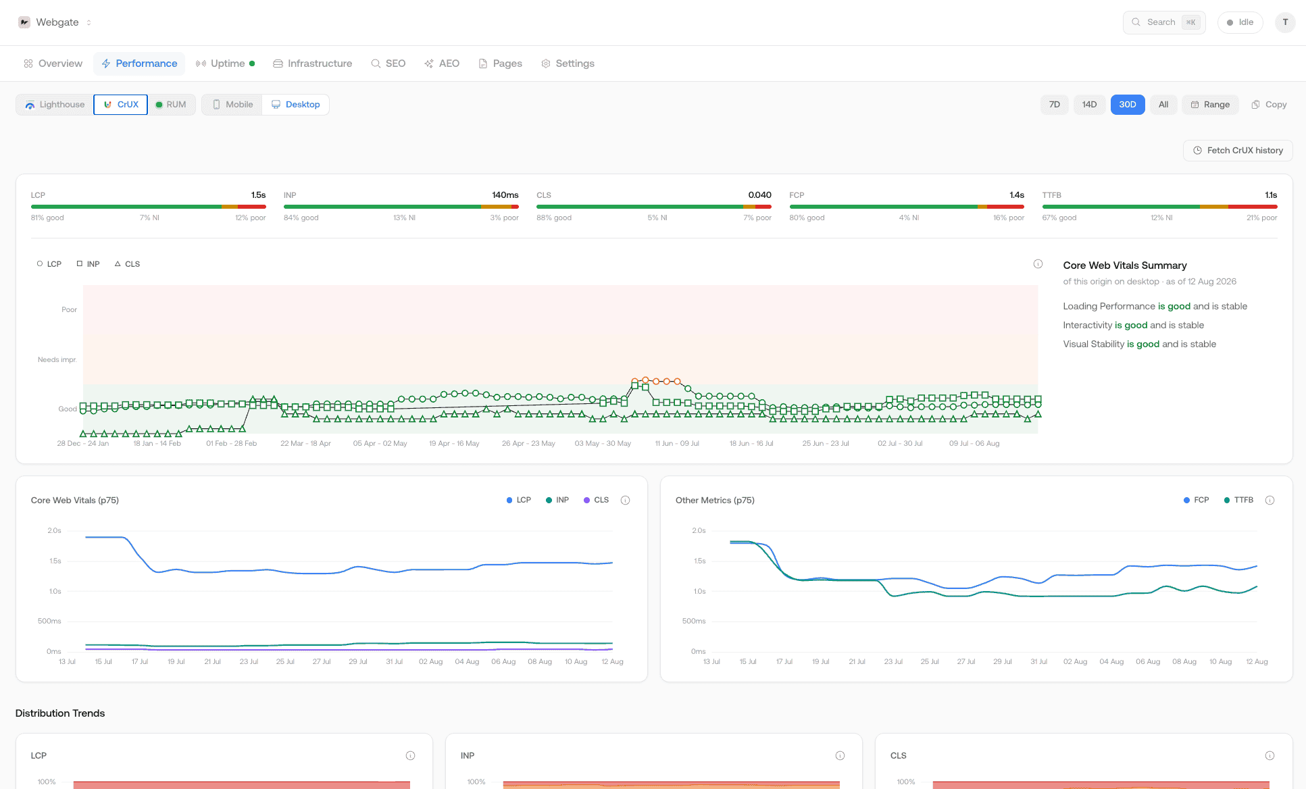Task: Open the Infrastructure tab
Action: [312, 63]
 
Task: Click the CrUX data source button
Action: [121, 105]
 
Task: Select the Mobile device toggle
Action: [232, 105]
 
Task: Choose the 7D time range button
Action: [1054, 105]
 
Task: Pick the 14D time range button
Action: [1089, 105]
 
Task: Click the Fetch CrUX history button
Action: [1238, 151]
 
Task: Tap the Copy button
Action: [1269, 105]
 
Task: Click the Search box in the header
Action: [1164, 22]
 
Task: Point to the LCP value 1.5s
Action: [258, 195]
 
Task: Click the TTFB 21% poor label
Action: [1261, 218]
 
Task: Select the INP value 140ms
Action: [505, 195]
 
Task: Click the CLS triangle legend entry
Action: [127, 264]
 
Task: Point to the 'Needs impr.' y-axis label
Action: [57, 359]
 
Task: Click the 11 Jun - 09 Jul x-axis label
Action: [677, 443]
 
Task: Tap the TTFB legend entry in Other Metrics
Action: [1238, 501]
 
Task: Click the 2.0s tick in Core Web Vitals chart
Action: [54, 530]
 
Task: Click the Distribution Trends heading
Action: [60, 713]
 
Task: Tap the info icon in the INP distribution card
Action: [840, 755]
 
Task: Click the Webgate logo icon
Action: [24, 22]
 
